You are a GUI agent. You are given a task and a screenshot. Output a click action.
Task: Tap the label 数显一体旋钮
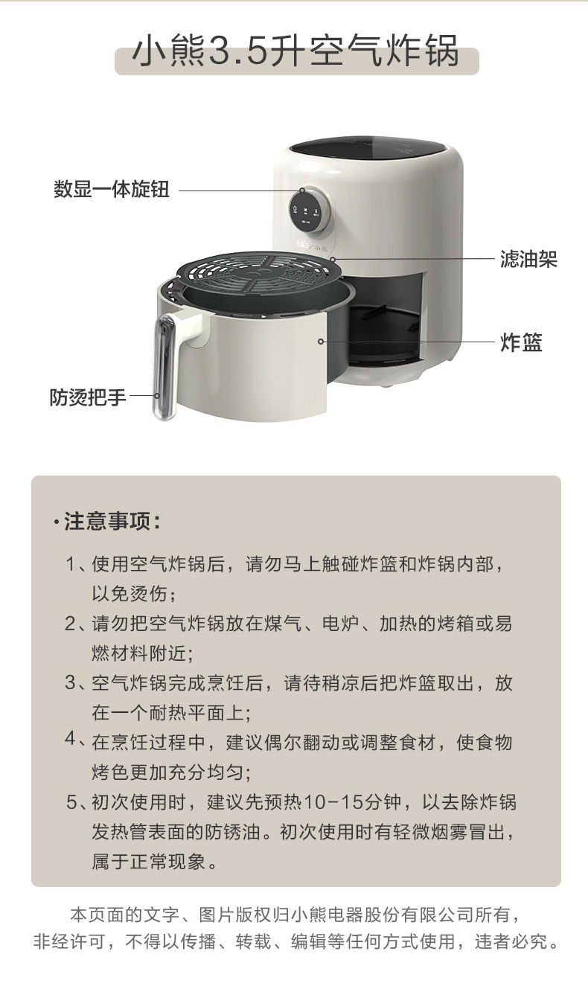[x=112, y=190]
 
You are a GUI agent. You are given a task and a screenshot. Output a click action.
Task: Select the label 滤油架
[x=528, y=259]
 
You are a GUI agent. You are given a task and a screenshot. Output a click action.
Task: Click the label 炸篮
[x=521, y=342]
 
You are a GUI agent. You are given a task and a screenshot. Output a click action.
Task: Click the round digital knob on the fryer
[x=310, y=206]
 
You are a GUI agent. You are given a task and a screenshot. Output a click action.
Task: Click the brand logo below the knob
[x=309, y=243]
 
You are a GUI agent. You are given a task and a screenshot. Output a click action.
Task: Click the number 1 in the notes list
[x=71, y=565]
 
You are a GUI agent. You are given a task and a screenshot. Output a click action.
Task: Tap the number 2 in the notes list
[x=71, y=624]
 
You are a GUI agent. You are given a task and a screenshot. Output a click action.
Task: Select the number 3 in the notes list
[x=71, y=683]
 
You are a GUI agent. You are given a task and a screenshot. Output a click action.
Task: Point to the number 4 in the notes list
[x=71, y=741]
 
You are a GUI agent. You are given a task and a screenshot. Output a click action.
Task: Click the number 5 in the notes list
[x=71, y=802]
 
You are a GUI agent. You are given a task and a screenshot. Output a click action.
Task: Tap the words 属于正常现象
[x=155, y=862]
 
